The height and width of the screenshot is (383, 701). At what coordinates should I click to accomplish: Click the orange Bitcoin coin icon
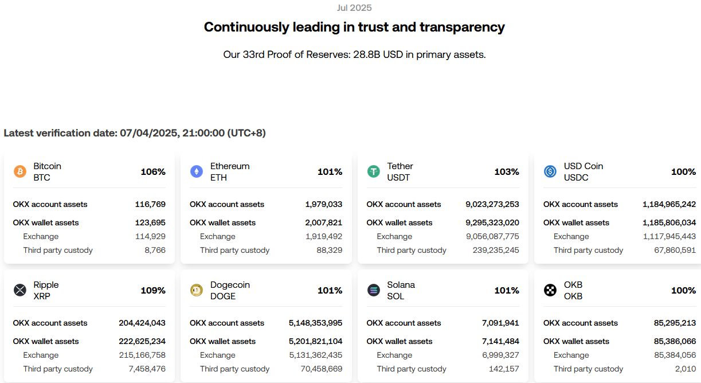tap(20, 171)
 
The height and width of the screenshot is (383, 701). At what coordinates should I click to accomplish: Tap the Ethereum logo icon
tap(197, 171)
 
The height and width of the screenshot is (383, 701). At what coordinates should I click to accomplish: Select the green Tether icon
tap(374, 171)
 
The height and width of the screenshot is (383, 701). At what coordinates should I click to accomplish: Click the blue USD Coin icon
tap(550, 171)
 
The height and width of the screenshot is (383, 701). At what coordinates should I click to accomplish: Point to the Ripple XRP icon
tap(20, 290)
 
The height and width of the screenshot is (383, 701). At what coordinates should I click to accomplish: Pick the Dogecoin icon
tap(197, 290)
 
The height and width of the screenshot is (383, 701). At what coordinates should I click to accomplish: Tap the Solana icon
tap(374, 290)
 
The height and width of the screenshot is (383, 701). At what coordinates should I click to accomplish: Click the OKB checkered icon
tap(550, 290)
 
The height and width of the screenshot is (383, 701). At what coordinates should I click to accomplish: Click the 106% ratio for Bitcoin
tap(153, 172)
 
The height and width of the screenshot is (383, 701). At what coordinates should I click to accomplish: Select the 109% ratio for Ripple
tap(153, 291)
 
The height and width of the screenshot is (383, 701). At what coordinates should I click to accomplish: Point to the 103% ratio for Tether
tap(507, 172)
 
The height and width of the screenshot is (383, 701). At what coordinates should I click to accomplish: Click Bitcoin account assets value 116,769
tap(150, 204)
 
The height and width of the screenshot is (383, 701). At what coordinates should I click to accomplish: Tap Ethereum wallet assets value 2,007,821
tap(324, 222)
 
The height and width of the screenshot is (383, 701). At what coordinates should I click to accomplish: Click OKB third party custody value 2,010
tap(685, 369)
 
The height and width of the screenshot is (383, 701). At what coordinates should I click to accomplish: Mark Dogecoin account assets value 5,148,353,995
tap(315, 323)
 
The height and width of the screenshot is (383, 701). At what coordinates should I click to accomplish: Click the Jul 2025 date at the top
tap(354, 8)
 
